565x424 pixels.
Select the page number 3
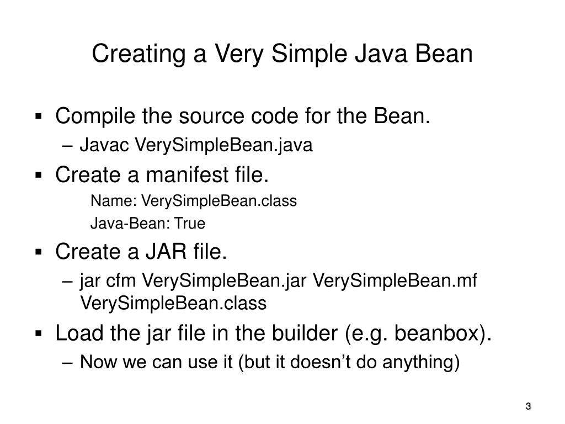point(528,407)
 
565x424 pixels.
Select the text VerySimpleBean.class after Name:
point(219,201)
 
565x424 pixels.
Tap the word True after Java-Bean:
point(190,224)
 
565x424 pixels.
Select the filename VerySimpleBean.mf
point(395,281)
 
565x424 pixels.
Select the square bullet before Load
point(39,335)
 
